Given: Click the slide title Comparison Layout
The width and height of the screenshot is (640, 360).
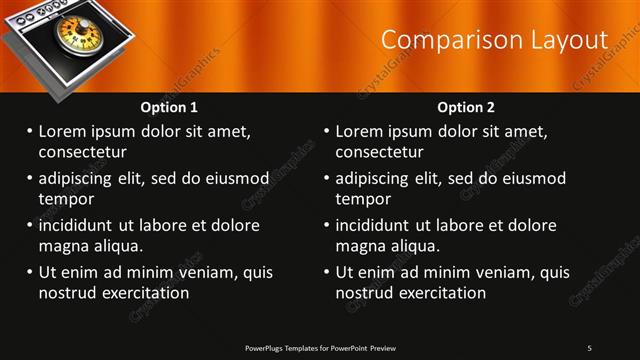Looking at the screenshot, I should [x=495, y=40].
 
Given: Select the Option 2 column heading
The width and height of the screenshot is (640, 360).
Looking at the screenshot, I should [x=466, y=107].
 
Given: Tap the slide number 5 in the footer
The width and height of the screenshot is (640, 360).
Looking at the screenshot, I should [x=589, y=347].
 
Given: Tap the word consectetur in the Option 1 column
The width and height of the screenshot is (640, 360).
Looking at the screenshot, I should [x=82, y=152].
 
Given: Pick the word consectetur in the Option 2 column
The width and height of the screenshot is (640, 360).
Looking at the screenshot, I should [x=379, y=152].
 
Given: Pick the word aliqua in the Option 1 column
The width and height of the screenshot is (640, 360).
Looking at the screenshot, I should [x=118, y=245].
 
